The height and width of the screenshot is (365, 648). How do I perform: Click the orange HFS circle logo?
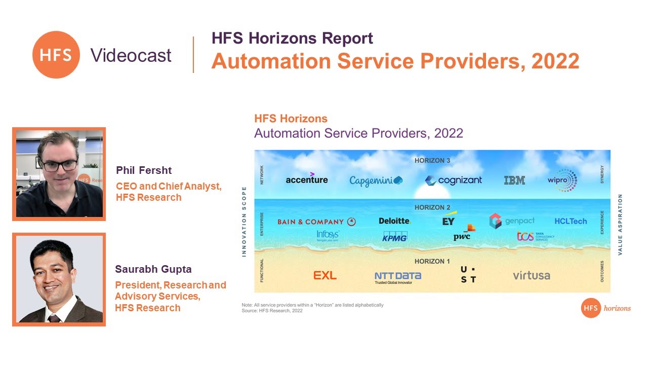56,55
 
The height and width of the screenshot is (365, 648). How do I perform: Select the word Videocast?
131,55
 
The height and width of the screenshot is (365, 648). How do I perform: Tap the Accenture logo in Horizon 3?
306,179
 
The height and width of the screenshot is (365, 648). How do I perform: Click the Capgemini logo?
376,180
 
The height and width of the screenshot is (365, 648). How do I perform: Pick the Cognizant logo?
453,180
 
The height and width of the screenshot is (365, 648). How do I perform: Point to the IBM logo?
514,180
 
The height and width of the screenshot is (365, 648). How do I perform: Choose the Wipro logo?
562,180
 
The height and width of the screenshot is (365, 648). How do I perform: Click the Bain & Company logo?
316,222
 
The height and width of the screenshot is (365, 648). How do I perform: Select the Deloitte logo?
394,221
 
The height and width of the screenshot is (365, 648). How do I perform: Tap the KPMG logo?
395,236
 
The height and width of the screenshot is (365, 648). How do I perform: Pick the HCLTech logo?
571,221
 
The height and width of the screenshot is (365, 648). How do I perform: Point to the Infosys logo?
328,235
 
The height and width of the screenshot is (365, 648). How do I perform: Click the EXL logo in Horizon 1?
325,276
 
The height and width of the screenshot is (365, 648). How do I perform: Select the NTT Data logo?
397,277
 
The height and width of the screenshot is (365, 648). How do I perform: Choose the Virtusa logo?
531,276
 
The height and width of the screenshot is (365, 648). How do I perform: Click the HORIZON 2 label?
432,207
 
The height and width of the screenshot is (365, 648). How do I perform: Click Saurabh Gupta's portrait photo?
59,279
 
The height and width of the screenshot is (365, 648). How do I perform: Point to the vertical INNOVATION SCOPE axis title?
244,222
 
